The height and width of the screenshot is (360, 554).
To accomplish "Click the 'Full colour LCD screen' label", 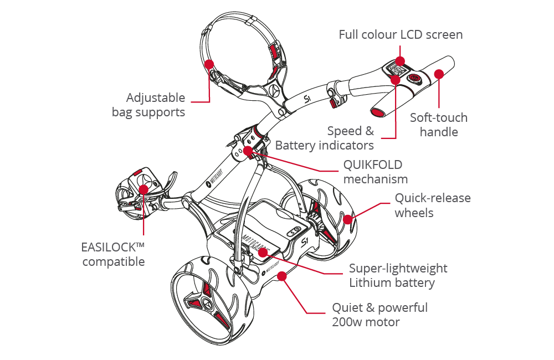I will (x=401, y=34).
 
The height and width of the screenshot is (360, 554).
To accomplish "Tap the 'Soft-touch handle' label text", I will (x=439, y=125).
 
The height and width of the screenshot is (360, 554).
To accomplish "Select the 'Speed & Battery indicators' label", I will (x=325, y=138).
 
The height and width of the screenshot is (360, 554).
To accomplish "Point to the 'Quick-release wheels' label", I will (x=432, y=205).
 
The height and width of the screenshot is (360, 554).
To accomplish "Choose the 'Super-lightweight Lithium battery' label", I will (x=398, y=275).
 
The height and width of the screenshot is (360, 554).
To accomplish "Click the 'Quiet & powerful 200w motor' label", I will (x=379, y=314).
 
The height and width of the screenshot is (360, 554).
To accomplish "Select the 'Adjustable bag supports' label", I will (x=148, y=105).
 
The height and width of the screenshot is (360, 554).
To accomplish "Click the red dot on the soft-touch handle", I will (x=439, y=74).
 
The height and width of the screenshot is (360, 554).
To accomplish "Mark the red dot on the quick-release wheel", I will (x=347, y=219).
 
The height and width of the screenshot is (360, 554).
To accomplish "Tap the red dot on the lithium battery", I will (x=262, y=252).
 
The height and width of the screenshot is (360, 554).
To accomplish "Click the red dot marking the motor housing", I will (x=283, y=275).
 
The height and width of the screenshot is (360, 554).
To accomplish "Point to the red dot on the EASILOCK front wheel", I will (x=143, y=190).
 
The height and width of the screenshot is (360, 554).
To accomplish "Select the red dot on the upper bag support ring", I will (x=209, y=64).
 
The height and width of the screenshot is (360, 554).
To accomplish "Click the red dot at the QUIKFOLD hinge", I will (x=248, y=150).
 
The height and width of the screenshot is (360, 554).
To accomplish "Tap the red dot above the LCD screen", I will (x=400, y=61).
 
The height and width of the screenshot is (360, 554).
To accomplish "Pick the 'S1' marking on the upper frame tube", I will (x=309, y=99).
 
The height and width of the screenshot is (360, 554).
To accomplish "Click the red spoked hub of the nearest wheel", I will (x=208, y=302).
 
